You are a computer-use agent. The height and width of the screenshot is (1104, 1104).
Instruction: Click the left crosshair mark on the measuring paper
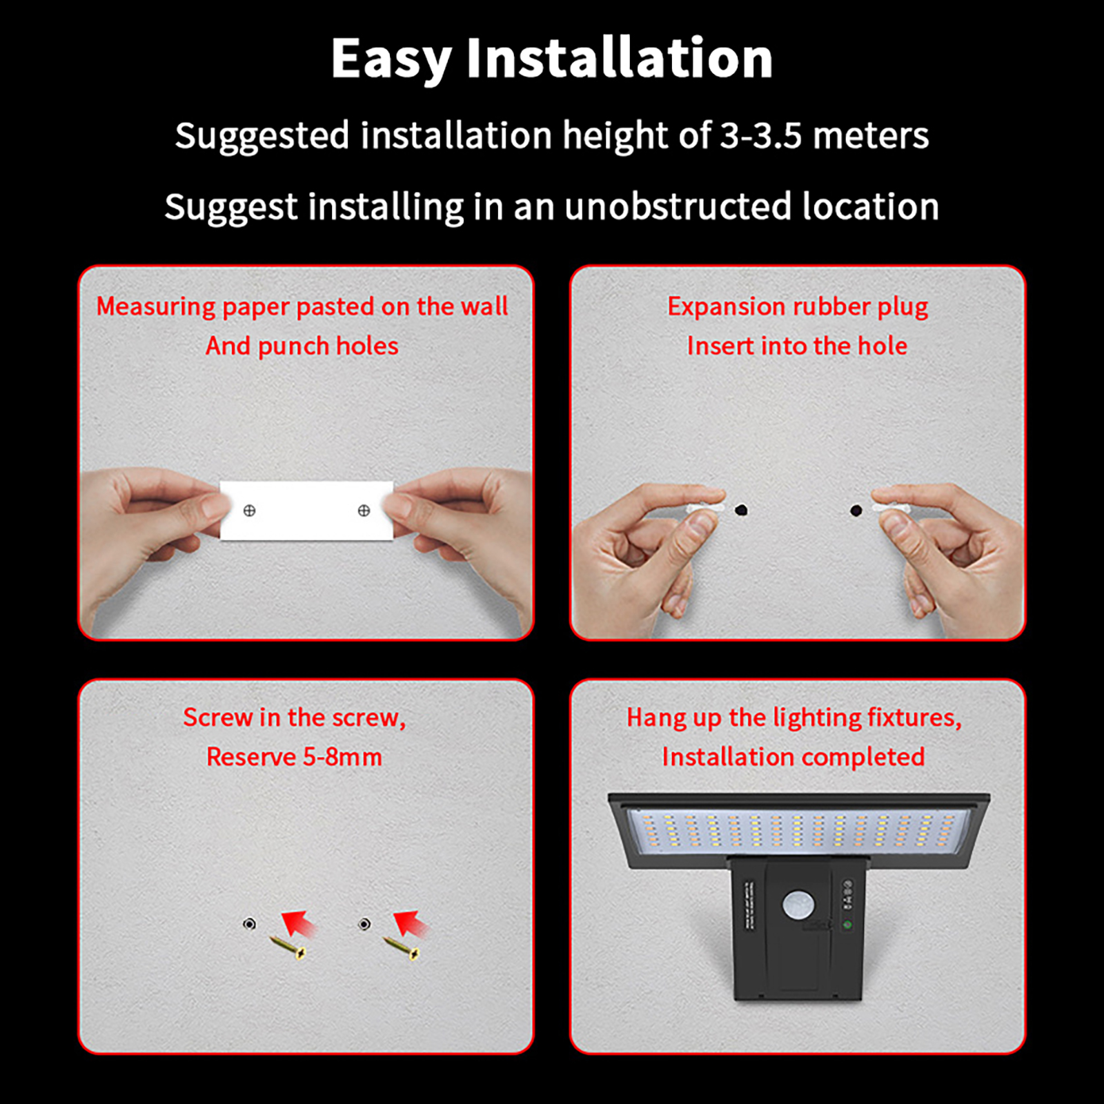tap(250, 511)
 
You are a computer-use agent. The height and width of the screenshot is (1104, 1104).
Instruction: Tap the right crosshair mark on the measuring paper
tap(364, 511)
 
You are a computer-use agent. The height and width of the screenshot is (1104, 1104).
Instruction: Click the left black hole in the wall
tap(741, 511)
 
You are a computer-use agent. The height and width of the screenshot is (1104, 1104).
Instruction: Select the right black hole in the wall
tap(856, 511)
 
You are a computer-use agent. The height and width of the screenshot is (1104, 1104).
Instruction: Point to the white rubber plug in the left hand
tap(705, 508)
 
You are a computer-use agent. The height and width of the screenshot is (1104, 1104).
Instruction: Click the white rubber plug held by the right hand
tap(891, 508)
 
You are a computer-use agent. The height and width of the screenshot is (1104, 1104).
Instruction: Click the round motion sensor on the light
tap(798, 905)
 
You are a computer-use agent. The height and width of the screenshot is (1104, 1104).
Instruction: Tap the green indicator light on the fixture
tap(848, 925)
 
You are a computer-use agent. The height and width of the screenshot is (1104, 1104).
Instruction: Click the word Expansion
tap(727, 306)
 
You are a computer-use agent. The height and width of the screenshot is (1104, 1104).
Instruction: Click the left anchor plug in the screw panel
tap(250, 923)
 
